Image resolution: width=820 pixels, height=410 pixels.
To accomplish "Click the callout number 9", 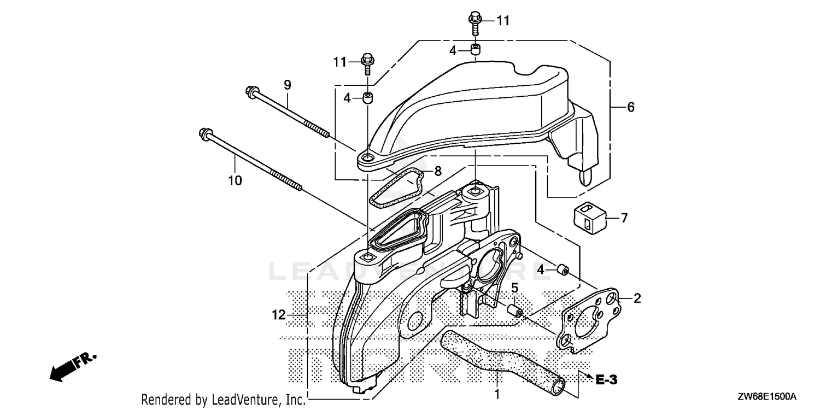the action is point(288,85).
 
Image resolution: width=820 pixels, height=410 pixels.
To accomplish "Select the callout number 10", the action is point(235,180).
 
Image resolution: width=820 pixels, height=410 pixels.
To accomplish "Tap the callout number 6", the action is point(630,107).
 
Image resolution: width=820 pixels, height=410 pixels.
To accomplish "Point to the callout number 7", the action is point(624,218).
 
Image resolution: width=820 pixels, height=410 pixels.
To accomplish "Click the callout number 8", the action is point(438,171).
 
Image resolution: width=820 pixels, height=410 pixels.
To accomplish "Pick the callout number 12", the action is point(279,315).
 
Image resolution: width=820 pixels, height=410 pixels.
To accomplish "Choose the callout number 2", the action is point(637,298).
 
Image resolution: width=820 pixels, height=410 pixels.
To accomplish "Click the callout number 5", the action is point(515,288).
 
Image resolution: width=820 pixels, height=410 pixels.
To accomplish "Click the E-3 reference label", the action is point(606,380).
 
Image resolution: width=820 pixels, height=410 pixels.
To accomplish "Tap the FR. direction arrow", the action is point(73,367).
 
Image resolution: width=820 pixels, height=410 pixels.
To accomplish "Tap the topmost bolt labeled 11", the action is point(475,23).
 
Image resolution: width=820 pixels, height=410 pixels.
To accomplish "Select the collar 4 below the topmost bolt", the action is point(476,50).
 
